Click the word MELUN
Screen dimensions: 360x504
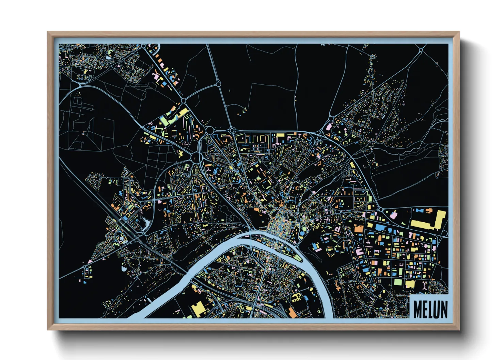point(430,309)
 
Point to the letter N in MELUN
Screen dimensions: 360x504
point(444,309)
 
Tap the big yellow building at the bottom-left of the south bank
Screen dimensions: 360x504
point(198,309)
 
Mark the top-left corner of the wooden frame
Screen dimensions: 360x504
point(48,32)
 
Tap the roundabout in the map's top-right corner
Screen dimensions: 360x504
point(421,50)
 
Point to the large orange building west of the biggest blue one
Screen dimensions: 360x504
point(359,228)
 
